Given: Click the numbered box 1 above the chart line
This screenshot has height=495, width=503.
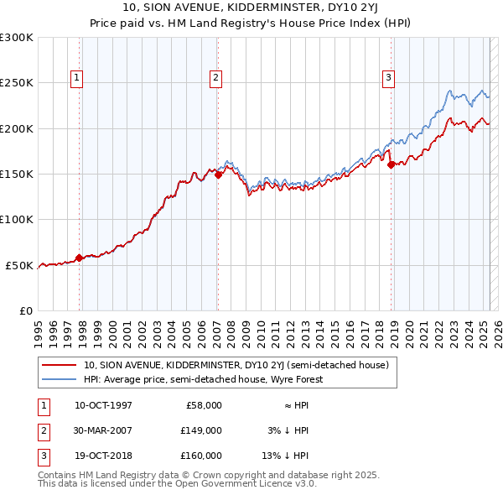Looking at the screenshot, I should tap(76, 78).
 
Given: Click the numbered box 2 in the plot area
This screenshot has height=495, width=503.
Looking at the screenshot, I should tap(215, 78).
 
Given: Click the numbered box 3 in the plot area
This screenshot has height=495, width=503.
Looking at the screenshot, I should tap(388, 78).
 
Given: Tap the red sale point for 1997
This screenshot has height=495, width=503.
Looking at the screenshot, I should tap(79, 258).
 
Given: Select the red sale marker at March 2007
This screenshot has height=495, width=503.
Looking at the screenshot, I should tap(218, 175).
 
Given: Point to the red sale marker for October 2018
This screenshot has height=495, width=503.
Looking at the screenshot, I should tap(391, 164).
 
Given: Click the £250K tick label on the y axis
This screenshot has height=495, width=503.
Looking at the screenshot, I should tap(16, 83).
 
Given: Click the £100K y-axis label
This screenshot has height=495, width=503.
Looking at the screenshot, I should tap(16, 219).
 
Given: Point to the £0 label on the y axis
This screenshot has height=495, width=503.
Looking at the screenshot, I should tap(25, 310).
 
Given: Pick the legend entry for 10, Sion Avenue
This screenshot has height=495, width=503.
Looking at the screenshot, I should tap(236, 365).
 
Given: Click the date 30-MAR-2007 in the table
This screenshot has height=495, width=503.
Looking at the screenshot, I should tap(103, 430).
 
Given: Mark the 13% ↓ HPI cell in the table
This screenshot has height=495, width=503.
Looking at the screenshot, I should tap(286, 456).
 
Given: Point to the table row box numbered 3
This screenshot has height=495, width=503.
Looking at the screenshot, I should tap(42, 456).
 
